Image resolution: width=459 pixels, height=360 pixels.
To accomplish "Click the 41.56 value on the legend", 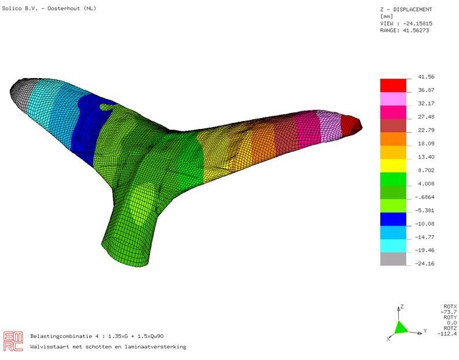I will pyautogui.click(x=427, y=77).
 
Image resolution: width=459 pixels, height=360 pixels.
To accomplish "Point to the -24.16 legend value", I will pyautogui.click(x=425, y=263).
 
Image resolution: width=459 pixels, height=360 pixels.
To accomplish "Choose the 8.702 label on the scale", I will pyautogui.click(x=426, y=170).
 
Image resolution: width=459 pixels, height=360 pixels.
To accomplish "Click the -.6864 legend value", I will pyautogui.click(x=425, y=197).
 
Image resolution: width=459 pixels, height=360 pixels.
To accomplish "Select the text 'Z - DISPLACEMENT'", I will pyautogui.click(x=405, y=9).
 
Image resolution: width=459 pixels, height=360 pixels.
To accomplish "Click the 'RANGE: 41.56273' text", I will pyautogui.click(x=406, y=30).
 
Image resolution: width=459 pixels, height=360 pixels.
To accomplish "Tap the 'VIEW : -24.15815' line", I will pyautogui.click(x=406, y=23).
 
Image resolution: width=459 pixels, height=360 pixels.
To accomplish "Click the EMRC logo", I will pyautogui.click(x=13, y=340).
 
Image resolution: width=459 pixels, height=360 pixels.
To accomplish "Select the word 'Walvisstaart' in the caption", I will pyautogui.click(x=50, y=347).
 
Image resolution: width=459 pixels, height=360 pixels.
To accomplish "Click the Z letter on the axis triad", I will pyautogui.click(x=402, y=306).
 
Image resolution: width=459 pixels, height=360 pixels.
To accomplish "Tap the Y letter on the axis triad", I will pyautogui.click(x=425, y=331).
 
